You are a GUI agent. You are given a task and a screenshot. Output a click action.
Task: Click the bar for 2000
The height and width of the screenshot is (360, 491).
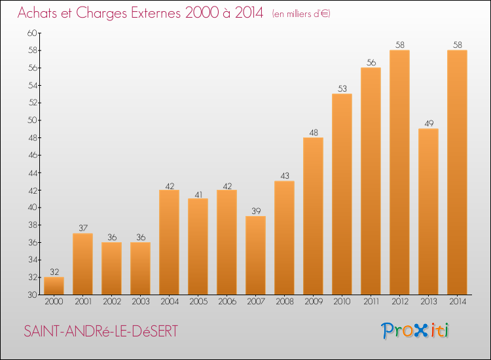[x=54, y=286]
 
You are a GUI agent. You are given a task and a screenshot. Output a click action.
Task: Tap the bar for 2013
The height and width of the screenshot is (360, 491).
[x=428, y=211]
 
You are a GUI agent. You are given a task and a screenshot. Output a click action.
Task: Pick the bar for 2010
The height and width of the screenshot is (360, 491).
[x=342, y=194]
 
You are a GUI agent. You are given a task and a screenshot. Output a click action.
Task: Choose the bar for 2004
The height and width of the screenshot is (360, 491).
[x=169, y=242]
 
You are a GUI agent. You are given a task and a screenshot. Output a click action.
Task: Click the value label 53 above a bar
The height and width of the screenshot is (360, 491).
[x=342, y=88]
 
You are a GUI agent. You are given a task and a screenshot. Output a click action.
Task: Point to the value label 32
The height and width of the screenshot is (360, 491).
[x=54, y=272]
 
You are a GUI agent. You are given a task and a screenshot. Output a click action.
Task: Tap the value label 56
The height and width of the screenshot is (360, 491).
[x=371, y=62]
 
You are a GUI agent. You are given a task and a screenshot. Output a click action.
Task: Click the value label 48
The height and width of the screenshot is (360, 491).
[x=313, y=132]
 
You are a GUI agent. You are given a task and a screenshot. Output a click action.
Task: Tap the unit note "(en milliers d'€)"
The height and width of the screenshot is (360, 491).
[x=300, y=14]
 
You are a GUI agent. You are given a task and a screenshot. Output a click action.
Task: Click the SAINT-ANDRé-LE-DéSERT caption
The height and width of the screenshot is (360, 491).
[x=100, y=332]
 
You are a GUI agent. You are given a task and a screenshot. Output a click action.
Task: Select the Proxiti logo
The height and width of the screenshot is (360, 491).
[x=415, y=331]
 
